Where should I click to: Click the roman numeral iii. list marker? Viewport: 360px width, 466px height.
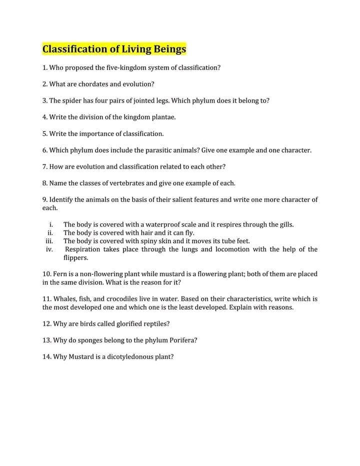[x=49, y=241]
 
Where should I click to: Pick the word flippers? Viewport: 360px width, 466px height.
[x=76, y=258]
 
